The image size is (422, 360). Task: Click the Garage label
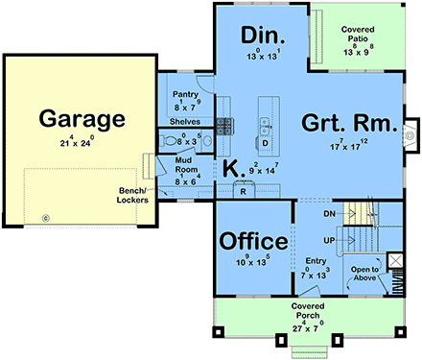(82, 119)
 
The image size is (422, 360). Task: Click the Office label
(254, 240)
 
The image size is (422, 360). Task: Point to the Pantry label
(186, 96)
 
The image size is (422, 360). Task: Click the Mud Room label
(187, 164)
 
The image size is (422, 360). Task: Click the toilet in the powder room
(171, 140)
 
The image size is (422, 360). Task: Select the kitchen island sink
(265, 123)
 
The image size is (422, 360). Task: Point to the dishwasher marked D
(265, 143)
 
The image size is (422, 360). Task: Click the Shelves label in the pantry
(185, 122)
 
